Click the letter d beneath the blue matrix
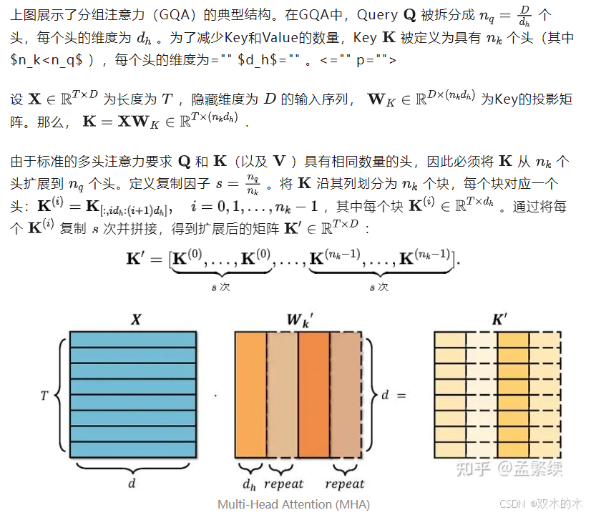132,484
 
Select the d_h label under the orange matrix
250,484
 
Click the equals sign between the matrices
401,394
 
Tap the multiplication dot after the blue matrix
215,395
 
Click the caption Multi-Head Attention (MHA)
293,504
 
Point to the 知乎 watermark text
474,469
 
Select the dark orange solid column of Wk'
313,395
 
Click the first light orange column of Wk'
282,395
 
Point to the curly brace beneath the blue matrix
132,467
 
